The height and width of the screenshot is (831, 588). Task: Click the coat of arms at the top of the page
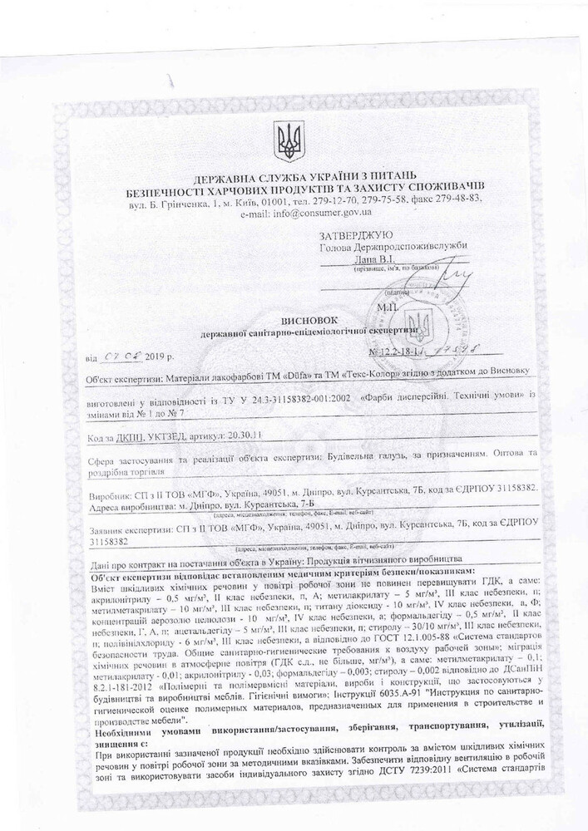[290, 140]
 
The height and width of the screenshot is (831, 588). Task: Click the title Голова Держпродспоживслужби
[394, 246]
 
